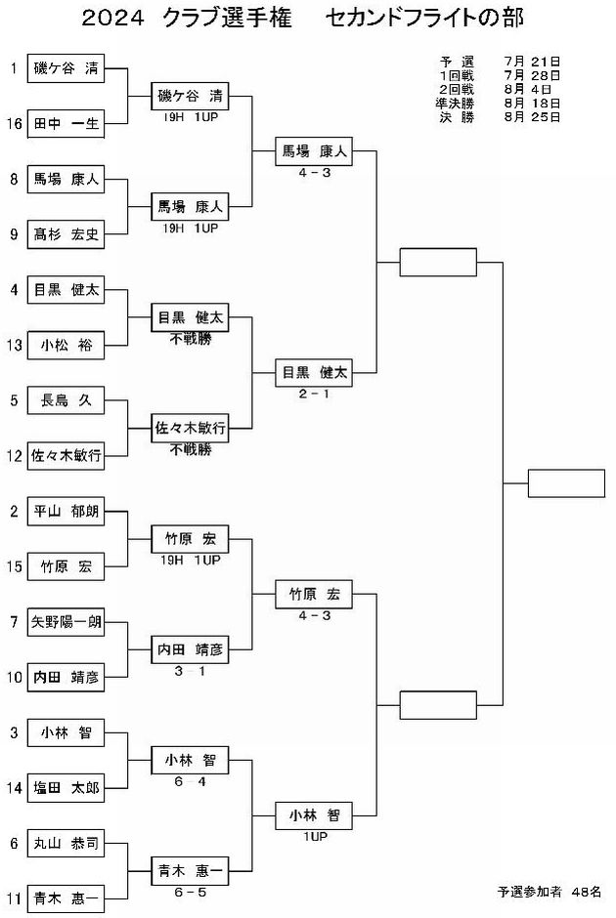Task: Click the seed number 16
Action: pos(14,123)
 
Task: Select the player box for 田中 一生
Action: pos(66,123)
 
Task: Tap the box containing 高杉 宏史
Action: pos(66,234)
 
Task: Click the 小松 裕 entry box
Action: pos(66,345)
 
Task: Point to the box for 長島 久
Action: pos(66,400)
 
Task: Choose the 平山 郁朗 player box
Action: pos(66,511)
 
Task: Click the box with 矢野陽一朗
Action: pos(66,622)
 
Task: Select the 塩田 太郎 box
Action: pos(66,788)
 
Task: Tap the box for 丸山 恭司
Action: pos(66,843)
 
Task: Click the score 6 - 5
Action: pos(190,893)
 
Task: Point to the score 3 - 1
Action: pos(190,671)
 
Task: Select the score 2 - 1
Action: pos(314,394)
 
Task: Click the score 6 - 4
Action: pos(190,781)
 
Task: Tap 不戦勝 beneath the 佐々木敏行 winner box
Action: pos(190,449)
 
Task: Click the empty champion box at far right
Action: pos(566,483)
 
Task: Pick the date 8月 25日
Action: pos(532,117)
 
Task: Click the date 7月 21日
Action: pos(532,62)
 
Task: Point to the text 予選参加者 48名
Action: pos(550,892)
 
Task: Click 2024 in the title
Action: pos(112,19)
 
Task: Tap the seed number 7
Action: pos(14,622)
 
